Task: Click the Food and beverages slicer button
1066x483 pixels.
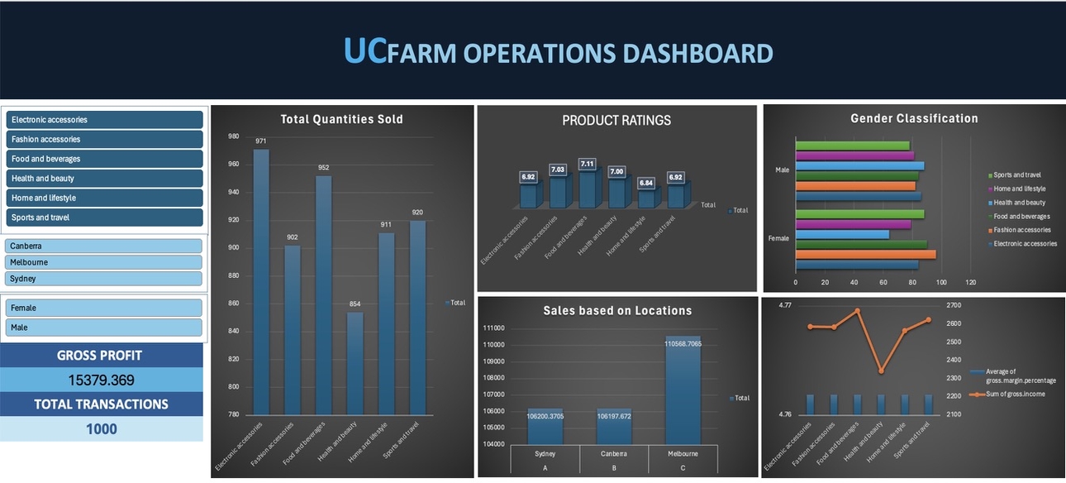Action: (104, 159)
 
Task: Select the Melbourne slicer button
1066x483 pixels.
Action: (104, 262)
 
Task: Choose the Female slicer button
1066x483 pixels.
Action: (104, 308)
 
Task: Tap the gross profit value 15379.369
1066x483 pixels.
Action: (101, 380)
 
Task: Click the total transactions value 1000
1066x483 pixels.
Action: (101, 429)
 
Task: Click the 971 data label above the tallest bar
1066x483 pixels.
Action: (261, 141)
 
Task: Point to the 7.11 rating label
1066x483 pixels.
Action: (588, 164)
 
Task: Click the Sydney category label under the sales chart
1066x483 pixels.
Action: (545, 454)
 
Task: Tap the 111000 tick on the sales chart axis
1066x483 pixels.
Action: (494, 328)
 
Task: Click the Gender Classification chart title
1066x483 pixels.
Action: (914, 119)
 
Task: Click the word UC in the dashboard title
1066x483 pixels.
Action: (364, 51)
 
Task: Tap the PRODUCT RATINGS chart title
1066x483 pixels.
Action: (616, 121)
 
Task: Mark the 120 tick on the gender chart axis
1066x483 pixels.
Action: (971, 283)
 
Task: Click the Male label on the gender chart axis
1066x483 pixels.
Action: (782, 170)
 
